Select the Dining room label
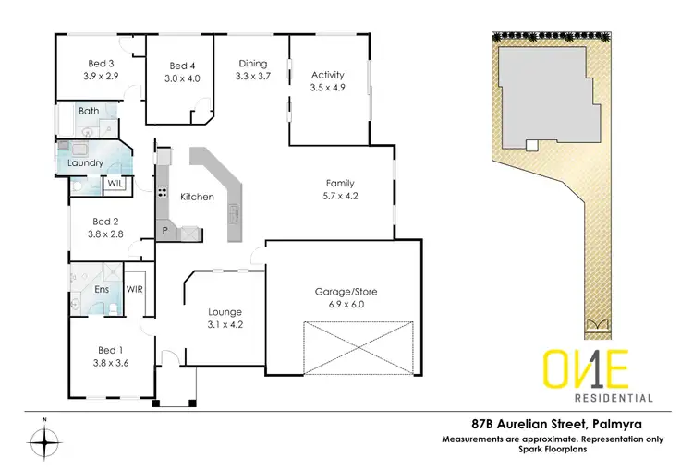252,64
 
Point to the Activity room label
328,75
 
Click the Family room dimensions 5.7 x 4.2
339,196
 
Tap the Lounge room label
226,312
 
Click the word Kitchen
197,197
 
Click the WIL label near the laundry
115,184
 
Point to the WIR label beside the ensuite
133,289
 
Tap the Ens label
103,289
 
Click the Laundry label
85,163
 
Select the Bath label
89,112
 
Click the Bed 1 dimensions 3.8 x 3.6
109,363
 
